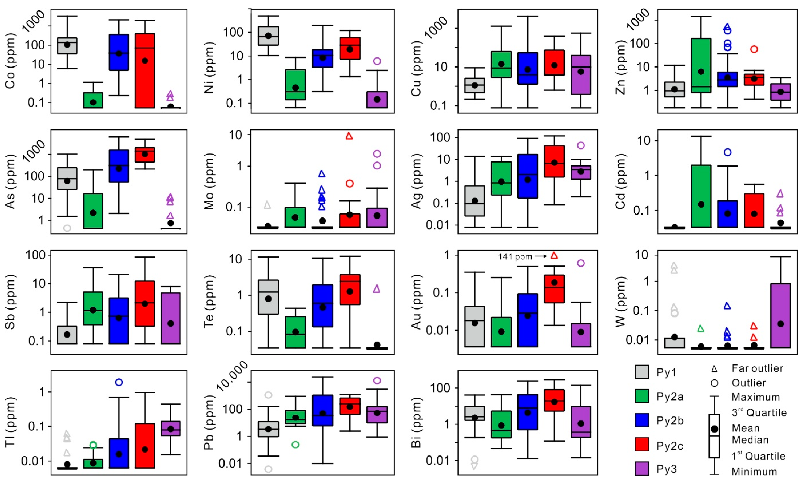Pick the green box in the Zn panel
[701, 65]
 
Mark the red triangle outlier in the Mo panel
[349, 136]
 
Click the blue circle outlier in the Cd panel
[728, 152]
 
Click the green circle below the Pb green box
[295, 445]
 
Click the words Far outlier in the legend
[757, 368]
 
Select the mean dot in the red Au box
[554, 282]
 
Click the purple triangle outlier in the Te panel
[377, 289]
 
